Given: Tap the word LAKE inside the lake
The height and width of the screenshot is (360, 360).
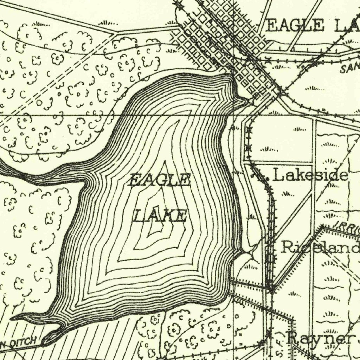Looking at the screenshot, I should [160, 215].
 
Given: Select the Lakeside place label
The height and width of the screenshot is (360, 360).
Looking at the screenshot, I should [310, 175].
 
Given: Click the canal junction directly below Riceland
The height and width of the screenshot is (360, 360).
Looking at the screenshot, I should [272, 289].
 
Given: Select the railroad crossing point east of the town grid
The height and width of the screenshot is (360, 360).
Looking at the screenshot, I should [281, 92].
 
